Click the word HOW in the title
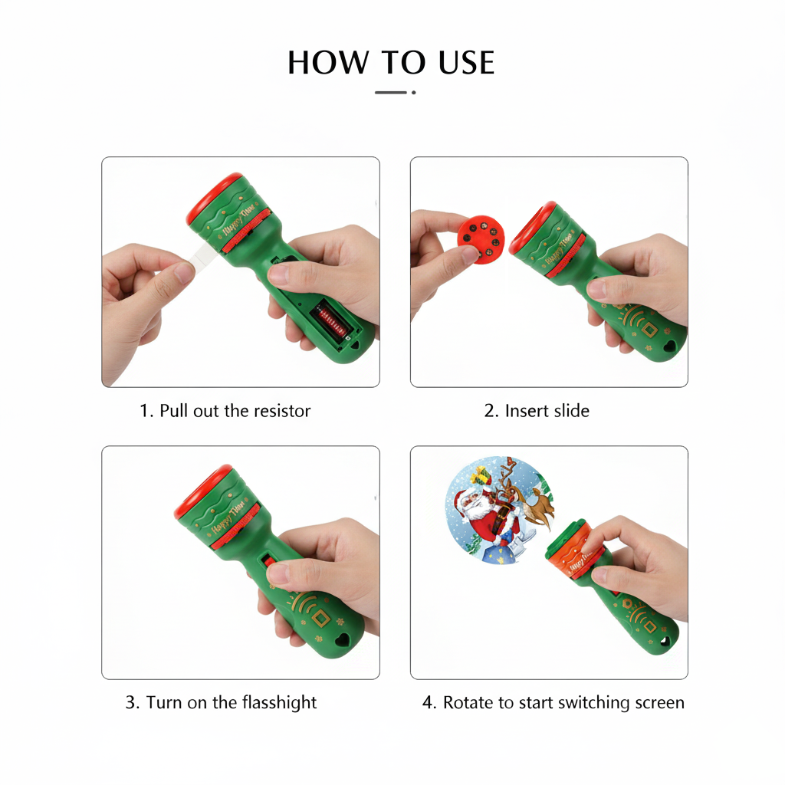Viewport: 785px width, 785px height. point(318,63)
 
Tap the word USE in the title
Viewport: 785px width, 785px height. point(466,63)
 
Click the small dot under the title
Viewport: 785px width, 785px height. point(414,93)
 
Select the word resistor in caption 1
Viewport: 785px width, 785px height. point(282,411)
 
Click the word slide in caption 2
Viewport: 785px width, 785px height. point(570,411)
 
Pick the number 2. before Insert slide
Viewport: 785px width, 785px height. point(491,411)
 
